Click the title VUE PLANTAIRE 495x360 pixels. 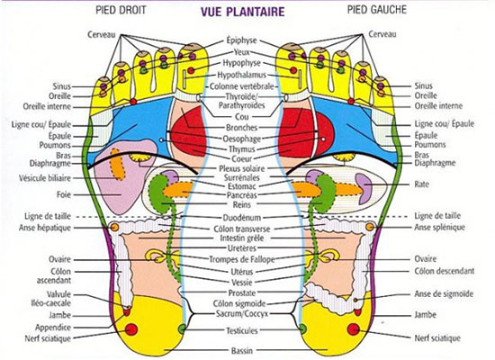tap(242, 12)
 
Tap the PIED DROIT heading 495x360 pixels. tap(121, 10)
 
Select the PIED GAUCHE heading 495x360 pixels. tap(377, 10)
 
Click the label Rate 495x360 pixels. tap(421, 184)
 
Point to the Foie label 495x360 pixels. tap(64, 194)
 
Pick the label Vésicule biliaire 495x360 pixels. tap(45, 178)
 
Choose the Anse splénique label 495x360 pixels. tap(439, 227)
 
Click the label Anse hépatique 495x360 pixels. tap(45, 228)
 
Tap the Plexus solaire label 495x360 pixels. tap(242, 168)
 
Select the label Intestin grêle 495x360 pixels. tap(242, 238)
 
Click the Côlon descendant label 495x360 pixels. tap(445, 271)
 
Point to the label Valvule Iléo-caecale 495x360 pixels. tap(59, 299)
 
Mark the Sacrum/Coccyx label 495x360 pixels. tap(242, 314)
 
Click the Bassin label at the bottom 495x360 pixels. tap(242, 350)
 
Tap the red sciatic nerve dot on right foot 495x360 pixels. tap(131, 329)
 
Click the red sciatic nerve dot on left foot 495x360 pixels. tap(354, 329)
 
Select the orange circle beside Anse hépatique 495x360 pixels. tap(114, 227)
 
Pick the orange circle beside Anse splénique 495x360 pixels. tap(370, 227)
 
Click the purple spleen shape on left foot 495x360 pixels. tap(364, 188)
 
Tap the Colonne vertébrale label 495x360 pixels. tap(242, 85)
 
